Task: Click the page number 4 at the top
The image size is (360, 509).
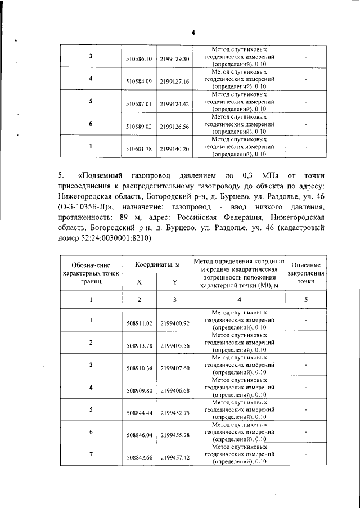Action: click(193, 33)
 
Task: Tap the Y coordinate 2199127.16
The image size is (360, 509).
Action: click(174, 82)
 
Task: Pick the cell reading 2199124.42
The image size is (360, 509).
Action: click(174, 104)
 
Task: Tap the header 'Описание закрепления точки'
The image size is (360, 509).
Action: click(305, 272)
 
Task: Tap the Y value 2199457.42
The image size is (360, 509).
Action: click(174, 458)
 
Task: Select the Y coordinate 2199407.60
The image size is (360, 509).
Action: click(174, 368)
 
